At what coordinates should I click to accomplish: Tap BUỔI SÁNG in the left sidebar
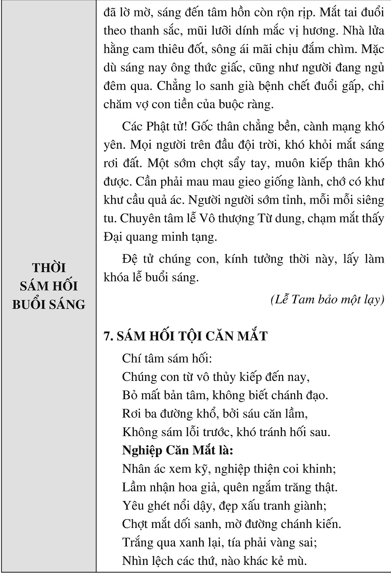pyautogui.click(x=48, y=304)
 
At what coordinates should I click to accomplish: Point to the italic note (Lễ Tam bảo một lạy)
pyautogui.click(x=327, y=300)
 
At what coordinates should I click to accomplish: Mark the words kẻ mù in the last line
pyautogui.click(x=291, y=561)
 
